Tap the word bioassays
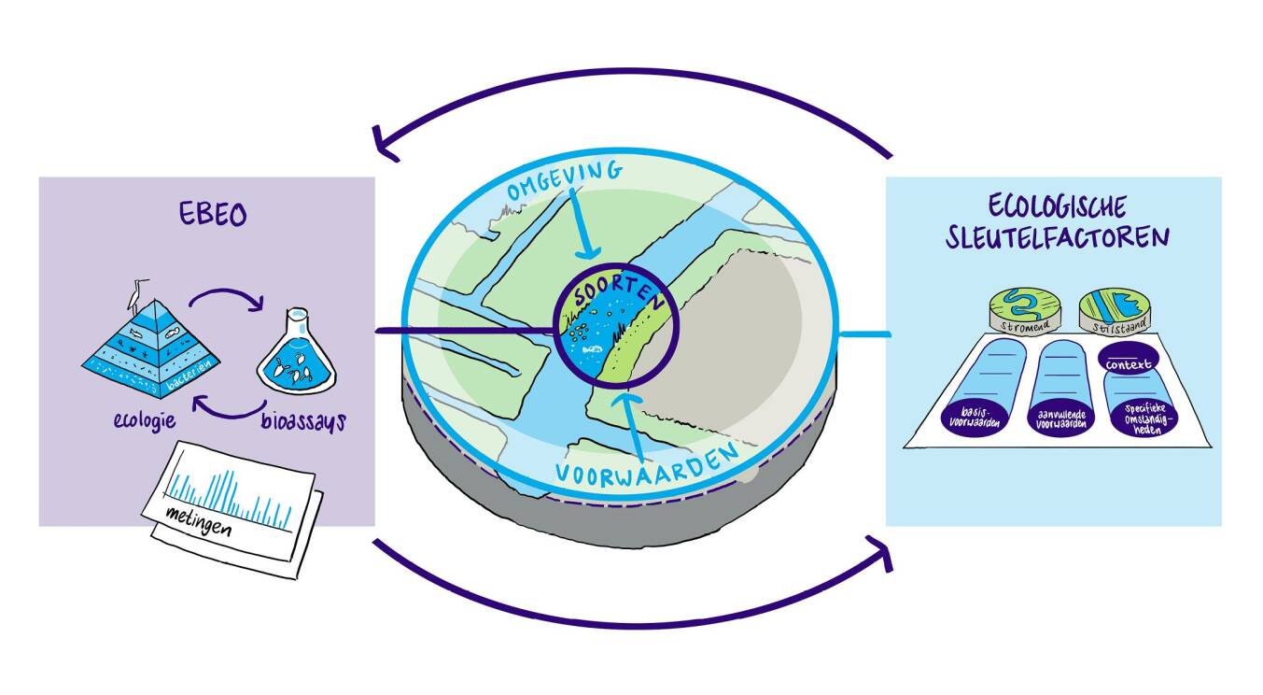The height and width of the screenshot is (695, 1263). pos(301,421)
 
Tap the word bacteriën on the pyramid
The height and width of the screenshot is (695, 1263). pos(197,383)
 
